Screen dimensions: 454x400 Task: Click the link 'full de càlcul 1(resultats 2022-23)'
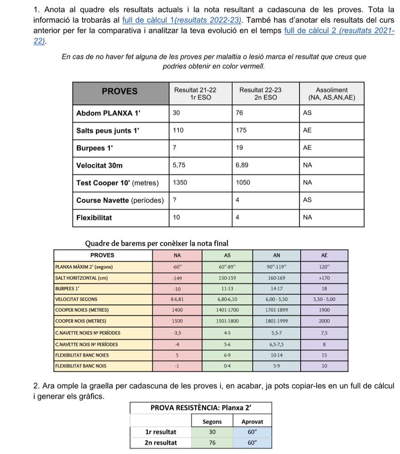pyautogui.click(x=182, y=20)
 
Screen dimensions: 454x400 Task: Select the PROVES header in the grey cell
pyautogui.click(x=120, y=91)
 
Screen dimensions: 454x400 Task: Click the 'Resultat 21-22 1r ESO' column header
pyautogui.click(x=195, y=94)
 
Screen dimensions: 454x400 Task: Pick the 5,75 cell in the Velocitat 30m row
pyautogui.click(x=179, y=165)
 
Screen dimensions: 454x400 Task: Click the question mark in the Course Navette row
pyautogui.click(x=175, y=200)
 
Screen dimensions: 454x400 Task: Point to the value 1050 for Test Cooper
pyautogui.click(x=243, y=183)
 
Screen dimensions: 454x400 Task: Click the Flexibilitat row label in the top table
pyautogui.click(x=94, y=218)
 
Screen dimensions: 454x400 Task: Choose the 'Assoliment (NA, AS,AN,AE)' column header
pyautogui.click(x=332, y=94)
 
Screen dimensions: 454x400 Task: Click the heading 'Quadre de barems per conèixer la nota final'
pyautogui.click(x=157, y=243)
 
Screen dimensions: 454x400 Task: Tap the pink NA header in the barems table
pyautogui.click(x=177, y=255)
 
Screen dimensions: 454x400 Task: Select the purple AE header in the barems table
pyautogui.click(x=324, y=255)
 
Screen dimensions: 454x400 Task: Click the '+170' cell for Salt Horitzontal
pyautogui.click(x=324, y=278)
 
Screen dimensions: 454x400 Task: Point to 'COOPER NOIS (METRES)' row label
pyautogui.click(x=81, y=321)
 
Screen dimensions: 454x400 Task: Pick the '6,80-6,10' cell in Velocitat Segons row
pyautogui.click(x=227, y=299)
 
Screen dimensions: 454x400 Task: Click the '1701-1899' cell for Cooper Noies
pyautogui.click(x=276, y=310)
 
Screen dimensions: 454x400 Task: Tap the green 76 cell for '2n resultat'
pyautogui.click(x=212, y=442)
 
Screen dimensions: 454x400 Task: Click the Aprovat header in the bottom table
pyautogui.click(x=252, y=422)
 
